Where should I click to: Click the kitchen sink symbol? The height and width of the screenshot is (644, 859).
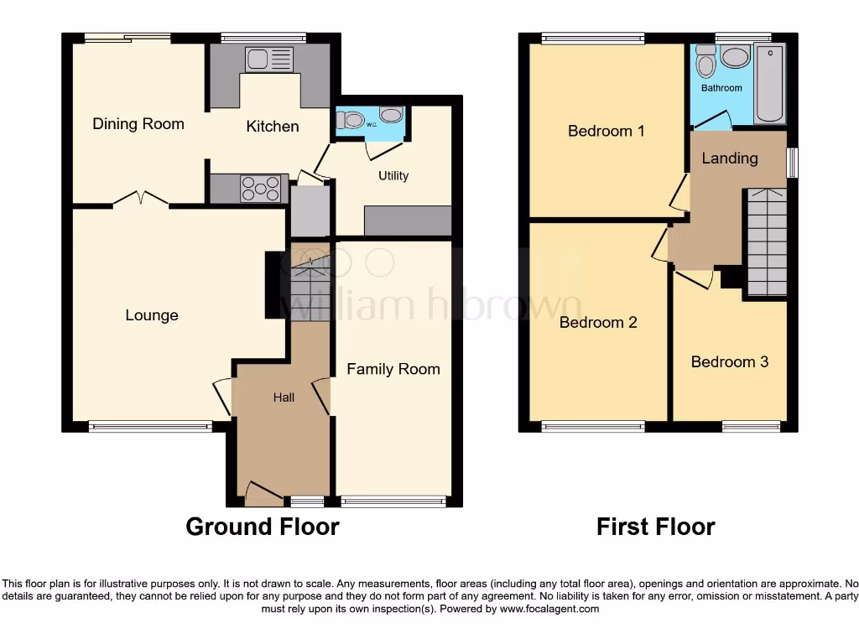[268, 60]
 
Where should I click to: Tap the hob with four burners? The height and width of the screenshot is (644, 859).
[261, 189]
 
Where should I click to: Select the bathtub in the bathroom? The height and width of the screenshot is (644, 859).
[768, 86]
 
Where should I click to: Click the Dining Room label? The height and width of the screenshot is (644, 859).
[138, 124]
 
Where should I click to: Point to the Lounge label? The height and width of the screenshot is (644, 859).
[152, 315]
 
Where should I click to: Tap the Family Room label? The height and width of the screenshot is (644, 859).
[393, 369]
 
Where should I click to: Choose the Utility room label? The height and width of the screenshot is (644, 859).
[393, 175]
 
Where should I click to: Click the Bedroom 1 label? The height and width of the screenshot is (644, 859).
[607, 131]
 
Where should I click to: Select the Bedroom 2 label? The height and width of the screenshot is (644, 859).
[598, 322]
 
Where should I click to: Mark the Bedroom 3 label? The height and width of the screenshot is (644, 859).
[730, 361]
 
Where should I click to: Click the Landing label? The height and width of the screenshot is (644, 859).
[730, 158]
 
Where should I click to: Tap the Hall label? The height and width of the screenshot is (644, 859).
[284, 397]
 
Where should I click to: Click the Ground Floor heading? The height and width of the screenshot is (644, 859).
[263, 527]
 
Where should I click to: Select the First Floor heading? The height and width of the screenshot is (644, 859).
[656, 527]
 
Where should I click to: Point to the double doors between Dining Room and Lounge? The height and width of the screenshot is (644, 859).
[140, 200]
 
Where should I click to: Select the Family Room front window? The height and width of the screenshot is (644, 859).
[393, 501]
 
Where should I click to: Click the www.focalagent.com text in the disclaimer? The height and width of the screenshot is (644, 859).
[549, 609]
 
